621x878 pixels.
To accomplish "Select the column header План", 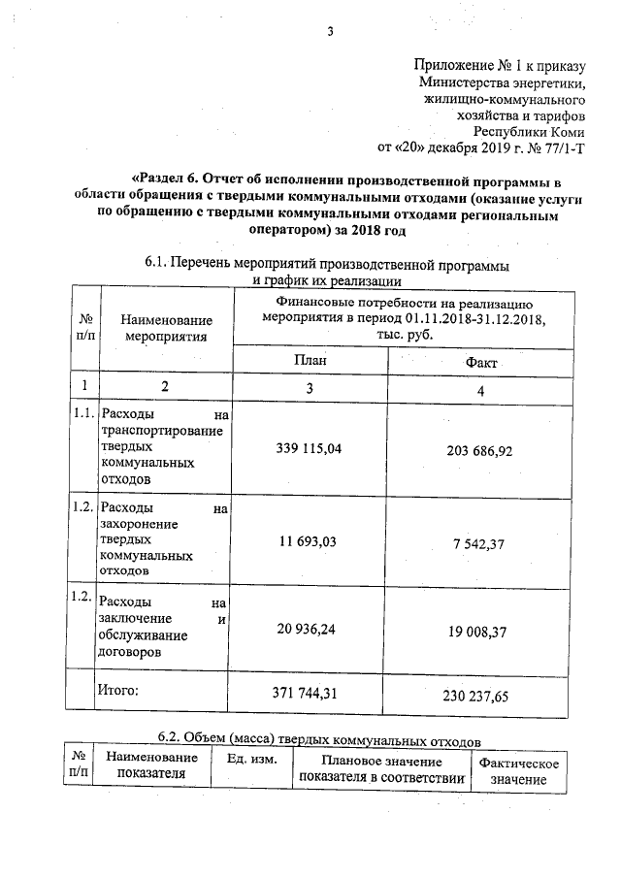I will (x=310, y=359).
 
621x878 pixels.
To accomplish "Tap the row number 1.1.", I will (x=83, y=414).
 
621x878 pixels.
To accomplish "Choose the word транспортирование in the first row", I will (x=162, y=431).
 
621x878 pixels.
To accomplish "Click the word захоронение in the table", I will (x=146, y=523).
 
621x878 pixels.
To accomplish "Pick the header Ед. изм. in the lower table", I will (x=251, y=758).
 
